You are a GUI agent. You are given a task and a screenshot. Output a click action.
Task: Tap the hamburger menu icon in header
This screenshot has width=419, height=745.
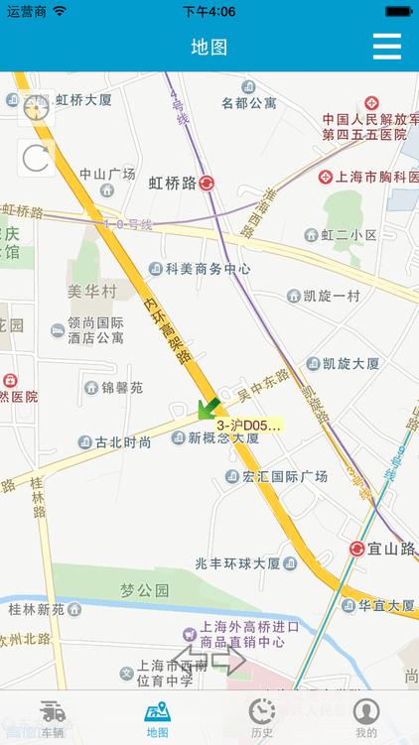(x=386, y=47)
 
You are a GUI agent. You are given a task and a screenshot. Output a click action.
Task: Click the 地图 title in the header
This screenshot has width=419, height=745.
(x=209, y=47)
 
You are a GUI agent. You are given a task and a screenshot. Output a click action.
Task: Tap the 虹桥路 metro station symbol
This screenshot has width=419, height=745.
(x=207, y=183)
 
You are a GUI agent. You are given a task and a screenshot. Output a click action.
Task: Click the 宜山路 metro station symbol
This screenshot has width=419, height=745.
(x=357, y=549)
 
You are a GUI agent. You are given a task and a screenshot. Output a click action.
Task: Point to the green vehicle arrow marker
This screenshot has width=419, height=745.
(x=209, y=407)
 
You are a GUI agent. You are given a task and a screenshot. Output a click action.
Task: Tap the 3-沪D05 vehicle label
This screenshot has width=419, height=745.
(x=248, y=426)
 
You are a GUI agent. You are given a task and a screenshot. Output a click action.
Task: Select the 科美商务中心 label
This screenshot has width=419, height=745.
(x=208, y=269)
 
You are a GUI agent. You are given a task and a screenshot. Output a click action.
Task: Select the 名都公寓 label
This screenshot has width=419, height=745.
(x=248, y=102)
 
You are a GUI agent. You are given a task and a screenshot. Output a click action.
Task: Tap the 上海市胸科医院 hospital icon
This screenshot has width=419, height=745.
(x=325, y=177)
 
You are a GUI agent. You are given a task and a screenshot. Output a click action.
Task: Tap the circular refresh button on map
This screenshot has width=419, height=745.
(x=36, y=158)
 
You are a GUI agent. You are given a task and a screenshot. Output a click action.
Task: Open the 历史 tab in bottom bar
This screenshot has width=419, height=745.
(x=261, y=717)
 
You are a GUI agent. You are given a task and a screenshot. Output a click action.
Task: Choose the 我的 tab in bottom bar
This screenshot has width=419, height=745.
(x=366, y=717)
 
